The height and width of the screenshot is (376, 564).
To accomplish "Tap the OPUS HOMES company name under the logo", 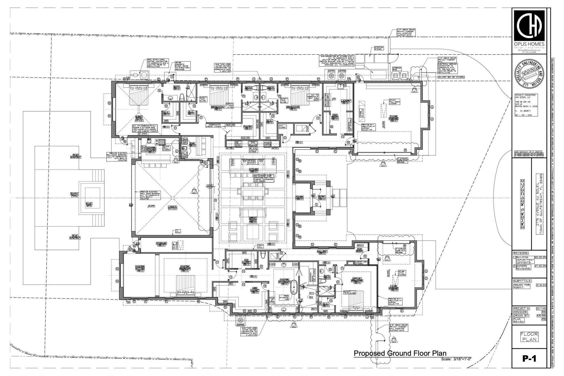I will point(529,44).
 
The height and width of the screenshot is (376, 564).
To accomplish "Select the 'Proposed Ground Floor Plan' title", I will point(400,353).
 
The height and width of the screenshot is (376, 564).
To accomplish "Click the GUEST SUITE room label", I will point(139,118).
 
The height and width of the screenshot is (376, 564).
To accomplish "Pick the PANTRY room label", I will point(248,127).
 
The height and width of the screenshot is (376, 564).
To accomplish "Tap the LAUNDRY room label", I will point(346,101).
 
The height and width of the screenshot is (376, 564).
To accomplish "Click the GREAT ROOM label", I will point(253,219).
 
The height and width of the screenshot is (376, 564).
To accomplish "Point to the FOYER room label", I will point(299,198).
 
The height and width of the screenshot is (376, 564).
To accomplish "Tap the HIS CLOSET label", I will point(246,262).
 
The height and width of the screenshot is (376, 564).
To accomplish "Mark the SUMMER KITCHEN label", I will point(151,149).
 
